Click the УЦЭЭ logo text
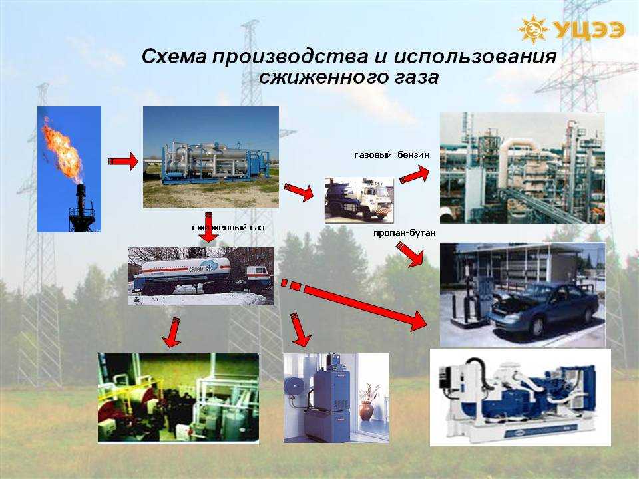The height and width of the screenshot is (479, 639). [x=589, y=30]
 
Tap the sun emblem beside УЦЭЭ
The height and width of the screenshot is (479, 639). [x=533, y=29]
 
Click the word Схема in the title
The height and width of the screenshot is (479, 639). [x=174, y=56]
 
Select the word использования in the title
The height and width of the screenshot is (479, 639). [x=475, y=57]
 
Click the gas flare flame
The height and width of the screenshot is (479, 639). [x=63, y=150]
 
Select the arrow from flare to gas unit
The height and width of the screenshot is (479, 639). [x=123, y=161]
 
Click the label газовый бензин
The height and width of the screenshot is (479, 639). [x=391, y=155]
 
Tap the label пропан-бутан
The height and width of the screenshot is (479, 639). [x=404, y=233]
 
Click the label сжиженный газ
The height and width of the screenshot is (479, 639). [x=228, y=228]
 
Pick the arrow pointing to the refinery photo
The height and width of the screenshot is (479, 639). [x=415, y=175]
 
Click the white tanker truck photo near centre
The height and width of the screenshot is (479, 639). [x=359, y=200]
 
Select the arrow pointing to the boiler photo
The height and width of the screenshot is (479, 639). [x=300, y=329]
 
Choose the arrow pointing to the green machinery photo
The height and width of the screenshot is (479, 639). [x=172, y=333]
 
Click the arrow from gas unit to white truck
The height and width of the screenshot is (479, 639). [x=299, y=192]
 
